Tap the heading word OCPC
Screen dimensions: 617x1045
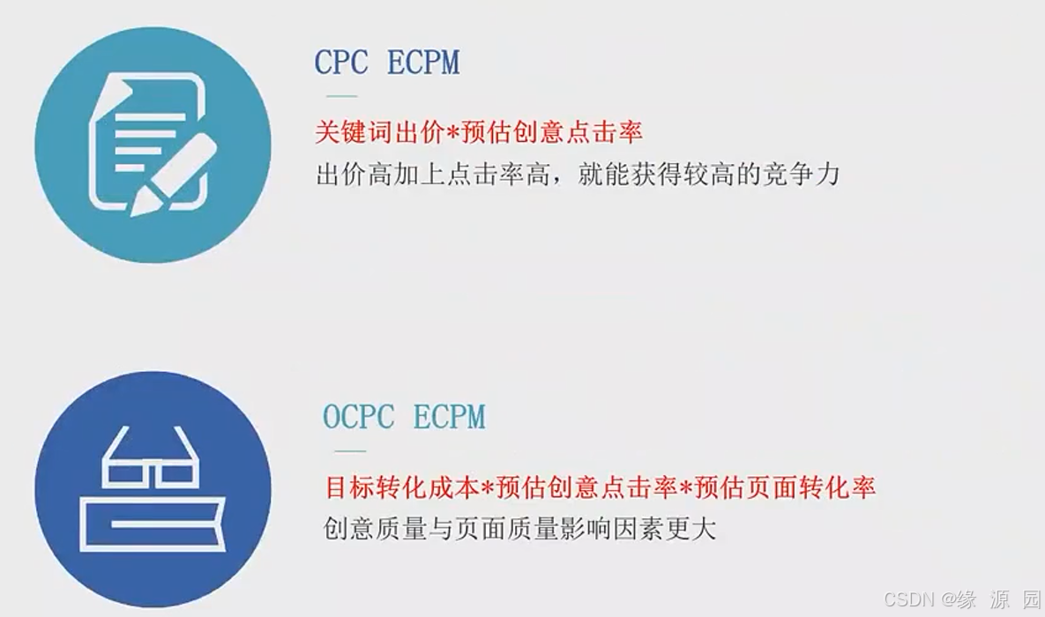[x=359, y=417]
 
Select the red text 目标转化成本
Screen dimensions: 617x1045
[x=401, y=487]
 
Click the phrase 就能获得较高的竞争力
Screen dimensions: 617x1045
[x=708, y=174]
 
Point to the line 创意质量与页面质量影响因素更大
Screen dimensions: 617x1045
[x=520, y=528]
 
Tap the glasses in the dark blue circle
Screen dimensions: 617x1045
[x=153, y=463]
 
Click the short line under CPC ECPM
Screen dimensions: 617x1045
[x=341, y=95]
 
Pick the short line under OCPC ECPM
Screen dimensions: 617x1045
[x=350, y=450]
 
